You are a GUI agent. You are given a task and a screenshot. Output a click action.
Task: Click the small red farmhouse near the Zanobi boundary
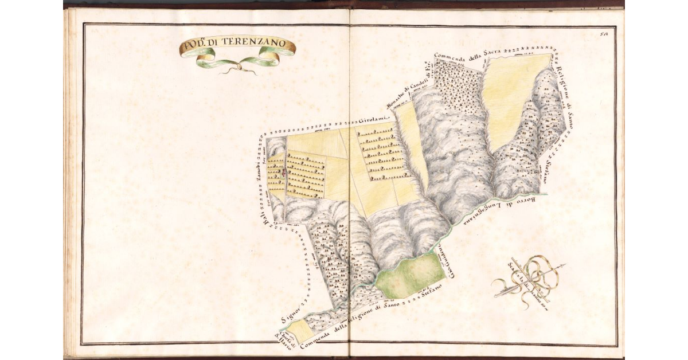(283, 171)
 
